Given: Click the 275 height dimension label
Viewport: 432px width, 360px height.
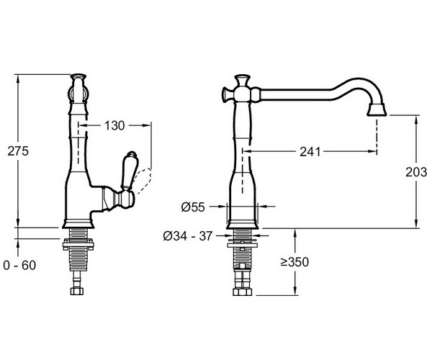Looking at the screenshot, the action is click(18, 151).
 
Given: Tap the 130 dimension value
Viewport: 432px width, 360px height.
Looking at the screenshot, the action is click(114, 125).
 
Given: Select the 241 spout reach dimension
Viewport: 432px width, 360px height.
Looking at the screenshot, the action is click(310, 151).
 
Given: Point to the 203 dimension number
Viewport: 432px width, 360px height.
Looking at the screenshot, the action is click(416, 172).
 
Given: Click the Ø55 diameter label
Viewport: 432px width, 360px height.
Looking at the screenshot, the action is click(193, 207).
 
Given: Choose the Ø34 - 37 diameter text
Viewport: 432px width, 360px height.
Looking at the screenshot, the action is click(188, 236).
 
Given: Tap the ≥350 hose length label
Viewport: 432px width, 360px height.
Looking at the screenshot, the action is click(294, 262).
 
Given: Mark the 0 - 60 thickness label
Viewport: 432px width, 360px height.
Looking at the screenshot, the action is click(19, 266).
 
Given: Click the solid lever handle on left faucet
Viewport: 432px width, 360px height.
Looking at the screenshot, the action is click(127, 170).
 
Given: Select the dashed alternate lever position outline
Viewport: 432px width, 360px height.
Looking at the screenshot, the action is click(144, 181).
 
